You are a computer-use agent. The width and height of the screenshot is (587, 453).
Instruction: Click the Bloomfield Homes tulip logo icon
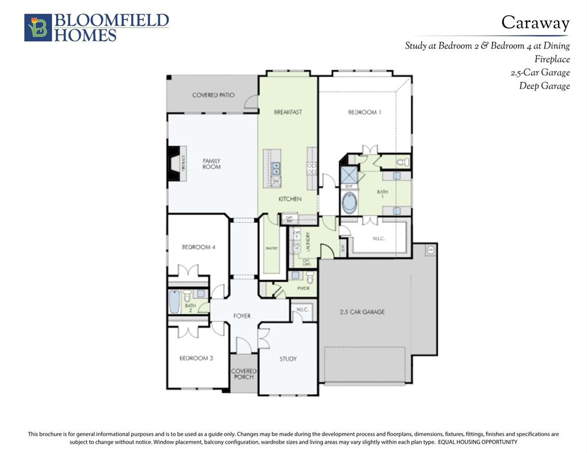38,28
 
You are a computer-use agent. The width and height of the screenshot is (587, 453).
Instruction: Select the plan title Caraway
535,23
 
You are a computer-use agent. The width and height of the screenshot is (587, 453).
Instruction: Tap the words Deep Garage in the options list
544,86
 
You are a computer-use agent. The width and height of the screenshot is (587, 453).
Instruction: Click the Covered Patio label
213,95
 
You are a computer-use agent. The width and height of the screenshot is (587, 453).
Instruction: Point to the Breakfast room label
288,112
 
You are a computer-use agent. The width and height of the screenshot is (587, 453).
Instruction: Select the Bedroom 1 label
364,112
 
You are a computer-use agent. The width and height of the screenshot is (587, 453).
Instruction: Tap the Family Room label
211,163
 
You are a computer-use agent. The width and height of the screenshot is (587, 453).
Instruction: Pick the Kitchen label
290,199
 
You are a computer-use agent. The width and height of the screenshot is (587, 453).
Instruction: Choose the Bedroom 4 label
198,247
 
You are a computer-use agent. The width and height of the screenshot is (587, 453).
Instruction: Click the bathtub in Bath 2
174,301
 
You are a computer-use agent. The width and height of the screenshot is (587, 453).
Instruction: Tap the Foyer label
242,316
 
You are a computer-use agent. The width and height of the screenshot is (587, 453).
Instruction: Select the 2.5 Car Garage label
362,311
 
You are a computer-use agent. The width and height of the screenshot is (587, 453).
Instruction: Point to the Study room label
288,359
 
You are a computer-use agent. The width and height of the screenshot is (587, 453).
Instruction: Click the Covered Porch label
243,374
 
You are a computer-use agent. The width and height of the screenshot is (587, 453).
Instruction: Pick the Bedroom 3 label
196,358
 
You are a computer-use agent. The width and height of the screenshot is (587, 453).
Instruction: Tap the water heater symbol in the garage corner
430,250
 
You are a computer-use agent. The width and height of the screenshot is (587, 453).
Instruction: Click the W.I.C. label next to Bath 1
379,239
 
